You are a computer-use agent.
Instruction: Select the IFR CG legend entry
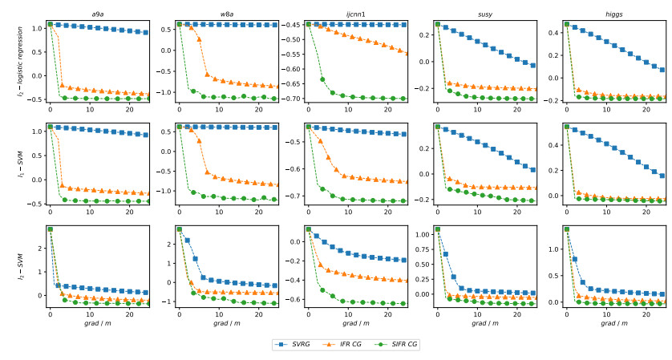(x=350, y=344)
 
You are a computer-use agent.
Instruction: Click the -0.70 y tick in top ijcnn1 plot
(x=290, y=99)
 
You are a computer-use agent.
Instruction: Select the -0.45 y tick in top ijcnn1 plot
(x=290, y=25)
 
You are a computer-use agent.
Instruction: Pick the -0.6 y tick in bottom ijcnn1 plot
(x=293, y=300)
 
